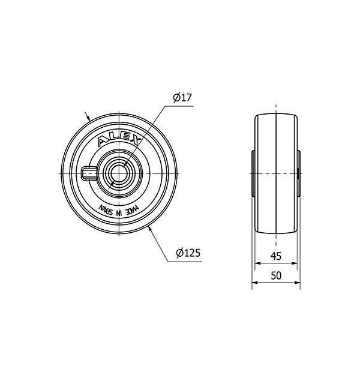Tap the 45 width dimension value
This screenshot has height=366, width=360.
275,256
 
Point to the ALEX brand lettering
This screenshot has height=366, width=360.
119,140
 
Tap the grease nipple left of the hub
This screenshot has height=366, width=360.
85,173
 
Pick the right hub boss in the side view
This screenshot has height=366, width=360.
298,173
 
